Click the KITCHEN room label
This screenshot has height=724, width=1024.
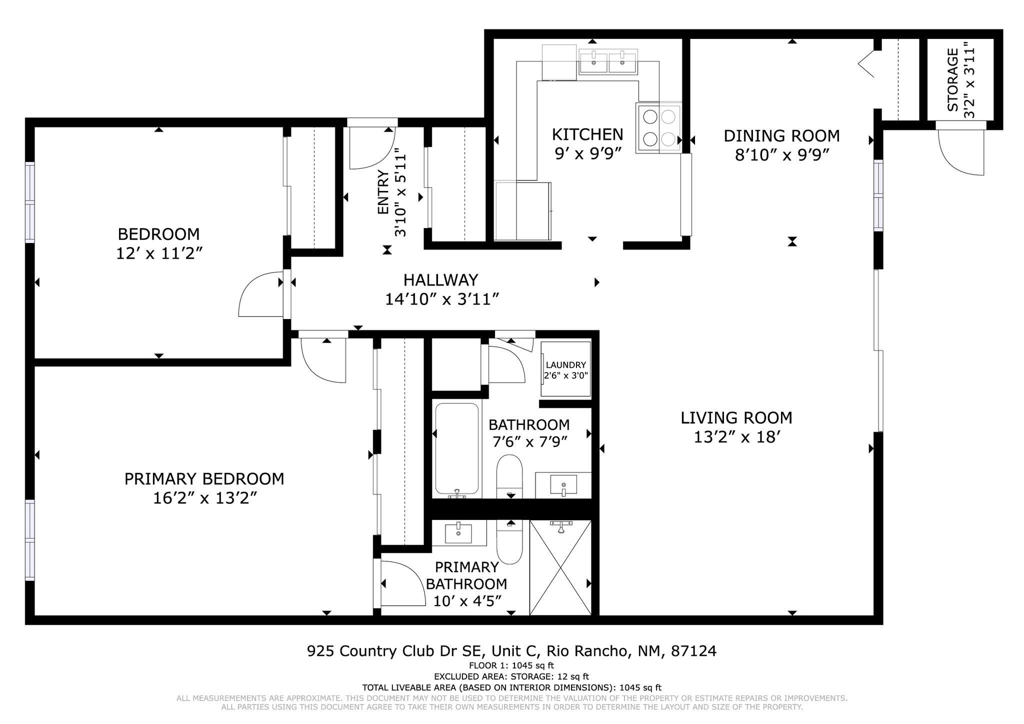click(x=587, y=134)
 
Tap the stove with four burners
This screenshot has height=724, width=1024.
click(x=658, y=127)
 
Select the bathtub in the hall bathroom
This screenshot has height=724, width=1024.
click(x=456, y=448)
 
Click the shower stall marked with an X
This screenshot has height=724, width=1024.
click(x=560, y=567)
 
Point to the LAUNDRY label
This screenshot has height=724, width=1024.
click(x=565, y=365)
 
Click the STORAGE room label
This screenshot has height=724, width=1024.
click(x=953, y=80)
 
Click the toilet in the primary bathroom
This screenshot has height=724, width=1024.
click(x=509, y=542)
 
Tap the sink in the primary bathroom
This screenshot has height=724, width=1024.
click(x=458, y=532)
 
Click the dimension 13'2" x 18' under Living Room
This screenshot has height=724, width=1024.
click(x=736, y=437)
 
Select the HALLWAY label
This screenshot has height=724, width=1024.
click(x=440, y=279)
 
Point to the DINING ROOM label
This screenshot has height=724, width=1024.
click(x=781, y=135)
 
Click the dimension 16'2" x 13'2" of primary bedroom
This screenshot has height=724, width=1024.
click(x=204, y=498)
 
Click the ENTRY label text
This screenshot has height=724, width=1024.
click(x=383, y=192)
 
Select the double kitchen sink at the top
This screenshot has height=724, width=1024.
click(x=608, y=62)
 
